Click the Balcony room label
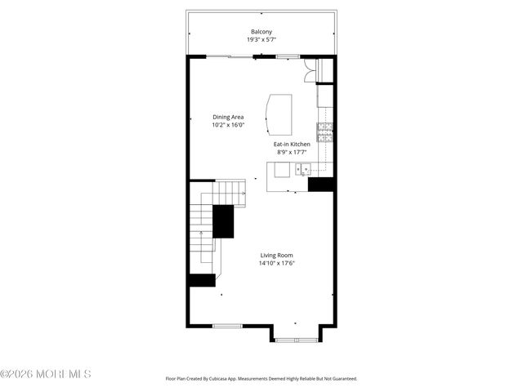[261, 32]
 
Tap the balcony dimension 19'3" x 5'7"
[261, 40]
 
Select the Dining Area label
[228, 118]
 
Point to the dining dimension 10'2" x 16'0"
[228, 126]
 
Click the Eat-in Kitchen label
[292, 145]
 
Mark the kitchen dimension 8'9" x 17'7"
[292, 153]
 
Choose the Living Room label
[277, 255]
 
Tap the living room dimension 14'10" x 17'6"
[277, 263]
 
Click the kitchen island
[279, 114]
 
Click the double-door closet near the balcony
[310, 72]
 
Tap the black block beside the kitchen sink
[321, 185]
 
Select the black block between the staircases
[223, 220]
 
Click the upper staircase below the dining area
[230, 194]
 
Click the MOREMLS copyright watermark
[46, 374]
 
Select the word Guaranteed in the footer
[342, 379]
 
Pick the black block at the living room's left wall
[201, 280]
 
